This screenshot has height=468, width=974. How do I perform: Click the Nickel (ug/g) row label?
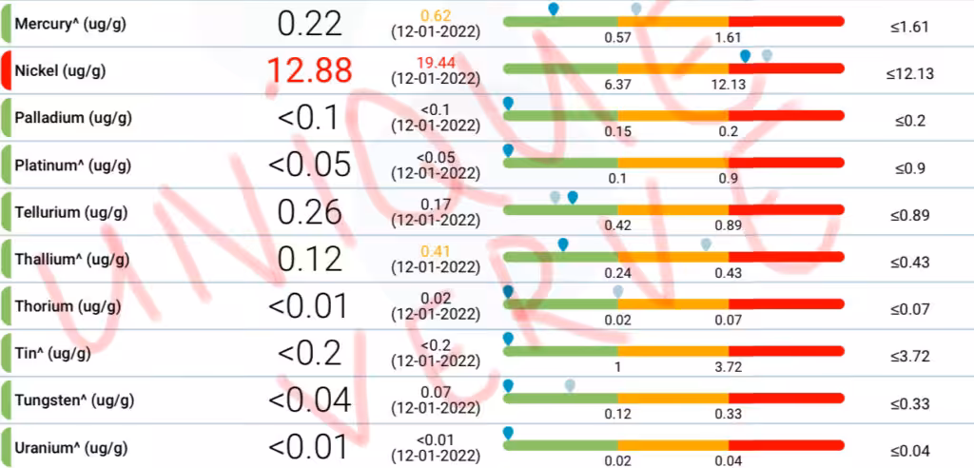pos(60,71)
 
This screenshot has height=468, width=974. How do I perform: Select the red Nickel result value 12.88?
pos(309,70)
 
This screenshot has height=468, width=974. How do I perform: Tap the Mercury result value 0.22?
pos(309,23)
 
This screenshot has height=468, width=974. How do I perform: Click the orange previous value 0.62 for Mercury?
pos(436,15)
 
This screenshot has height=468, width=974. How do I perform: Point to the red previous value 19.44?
pos(436,63)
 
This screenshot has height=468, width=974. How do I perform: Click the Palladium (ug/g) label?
pos(72,118)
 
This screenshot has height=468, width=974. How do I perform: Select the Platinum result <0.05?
pos(309,165)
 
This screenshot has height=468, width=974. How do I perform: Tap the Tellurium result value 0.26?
pos(309,211)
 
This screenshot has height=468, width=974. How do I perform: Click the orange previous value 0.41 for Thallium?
pos(436,251)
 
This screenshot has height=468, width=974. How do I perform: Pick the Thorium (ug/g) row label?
pos(68,306)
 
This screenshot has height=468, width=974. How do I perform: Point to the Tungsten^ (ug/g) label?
pos(70,400)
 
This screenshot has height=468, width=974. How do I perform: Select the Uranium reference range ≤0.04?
pos(909,450)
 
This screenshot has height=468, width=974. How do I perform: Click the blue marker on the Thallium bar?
pos(563,245)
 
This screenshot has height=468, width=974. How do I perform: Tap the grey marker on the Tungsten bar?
pos(570,385)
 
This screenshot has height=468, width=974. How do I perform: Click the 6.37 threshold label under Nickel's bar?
pos(618,84)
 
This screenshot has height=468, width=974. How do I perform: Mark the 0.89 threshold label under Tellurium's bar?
pos(729,225)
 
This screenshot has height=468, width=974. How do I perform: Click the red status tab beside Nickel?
pos(7,71)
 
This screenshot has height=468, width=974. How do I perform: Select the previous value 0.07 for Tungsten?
pos(436,392)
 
